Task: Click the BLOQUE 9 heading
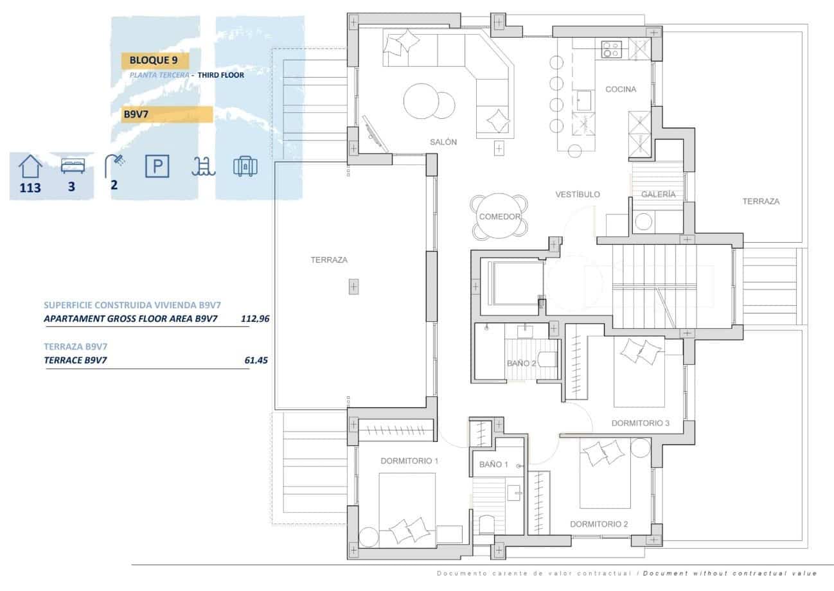154,60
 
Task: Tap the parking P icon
157,167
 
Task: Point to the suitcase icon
245,166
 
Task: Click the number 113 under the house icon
30,188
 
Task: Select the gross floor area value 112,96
254,318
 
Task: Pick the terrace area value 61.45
256,360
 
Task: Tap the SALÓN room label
443,142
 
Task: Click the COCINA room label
620,89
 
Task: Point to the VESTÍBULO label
578,194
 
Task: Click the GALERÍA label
658,194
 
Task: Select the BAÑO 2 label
521,364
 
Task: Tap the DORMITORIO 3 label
640,423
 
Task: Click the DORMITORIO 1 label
409,461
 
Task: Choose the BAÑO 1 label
493,464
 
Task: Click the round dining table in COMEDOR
499,217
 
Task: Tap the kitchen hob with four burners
611,49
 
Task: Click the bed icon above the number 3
73,166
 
